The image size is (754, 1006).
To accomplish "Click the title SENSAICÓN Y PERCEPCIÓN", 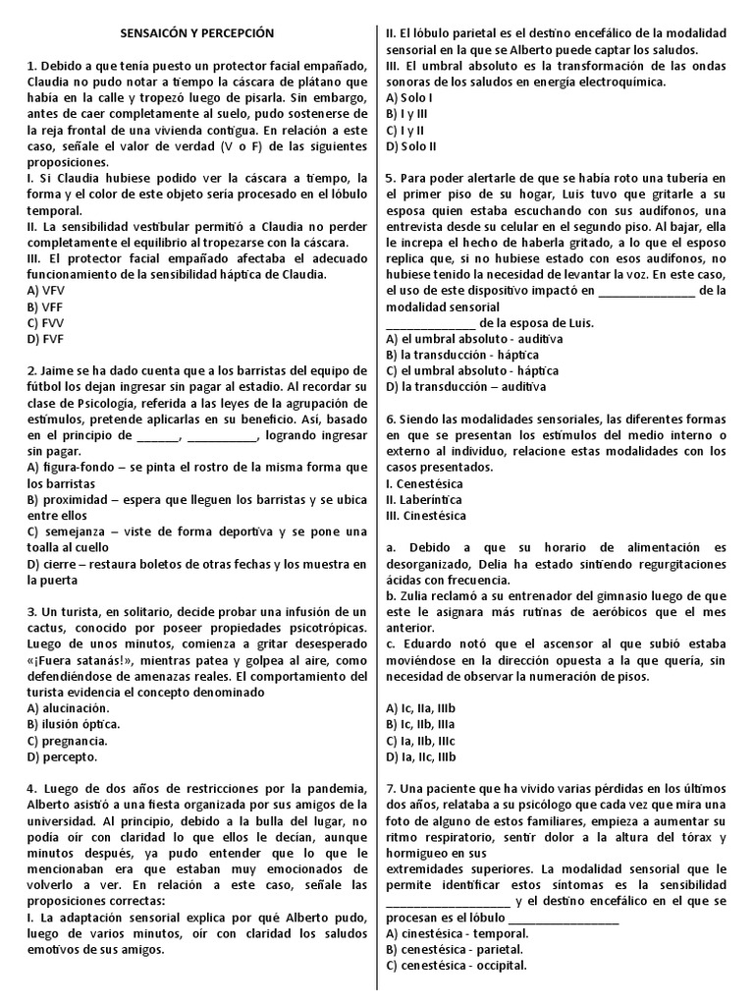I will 197,33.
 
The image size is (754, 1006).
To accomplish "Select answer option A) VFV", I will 47,291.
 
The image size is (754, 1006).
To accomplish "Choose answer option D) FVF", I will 46,338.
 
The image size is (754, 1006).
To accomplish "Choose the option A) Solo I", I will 409,98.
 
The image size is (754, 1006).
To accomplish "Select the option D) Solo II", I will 411,145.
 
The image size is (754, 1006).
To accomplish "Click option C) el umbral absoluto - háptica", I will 472,370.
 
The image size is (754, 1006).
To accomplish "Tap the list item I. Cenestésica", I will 425,483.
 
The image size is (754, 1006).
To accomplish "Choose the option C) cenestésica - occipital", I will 457,965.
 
